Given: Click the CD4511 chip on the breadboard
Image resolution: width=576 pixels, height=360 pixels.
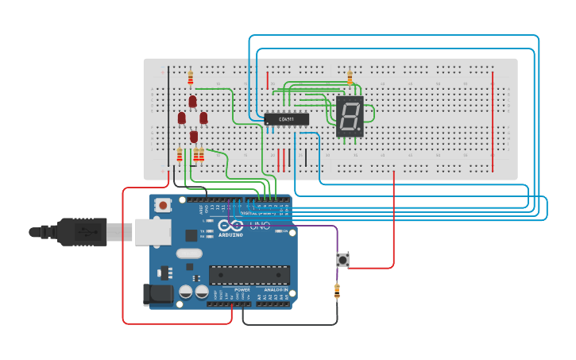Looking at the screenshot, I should (x=286, y=119).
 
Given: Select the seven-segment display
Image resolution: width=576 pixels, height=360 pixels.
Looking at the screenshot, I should (x=350, y=117).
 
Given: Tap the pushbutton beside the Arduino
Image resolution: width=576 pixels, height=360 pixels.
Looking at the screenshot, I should (x=343, y=259).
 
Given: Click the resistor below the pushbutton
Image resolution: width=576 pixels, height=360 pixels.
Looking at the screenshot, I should (x=337, y=292).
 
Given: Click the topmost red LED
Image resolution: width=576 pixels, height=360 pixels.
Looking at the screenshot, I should (x=192, y=101).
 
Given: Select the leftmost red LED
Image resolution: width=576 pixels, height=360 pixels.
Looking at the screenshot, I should (x=181, y=118).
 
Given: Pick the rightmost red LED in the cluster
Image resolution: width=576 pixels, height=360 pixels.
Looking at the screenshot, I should (x=203, y=118).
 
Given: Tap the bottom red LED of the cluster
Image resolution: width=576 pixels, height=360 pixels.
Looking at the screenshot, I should (x=193, y=136).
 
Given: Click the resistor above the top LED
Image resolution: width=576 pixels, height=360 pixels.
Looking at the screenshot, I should (x=191, y=77).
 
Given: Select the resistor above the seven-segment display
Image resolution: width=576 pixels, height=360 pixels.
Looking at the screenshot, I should (x=350, y=78).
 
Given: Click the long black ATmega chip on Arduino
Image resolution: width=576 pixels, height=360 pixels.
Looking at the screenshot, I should (x=249, y=275).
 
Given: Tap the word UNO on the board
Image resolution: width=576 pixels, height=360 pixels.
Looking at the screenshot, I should (x=261, y=226).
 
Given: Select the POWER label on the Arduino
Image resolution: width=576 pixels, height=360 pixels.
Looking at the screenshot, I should (x=242, y=290).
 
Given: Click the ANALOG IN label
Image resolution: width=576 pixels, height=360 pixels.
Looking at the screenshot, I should (x=276, y=290).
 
